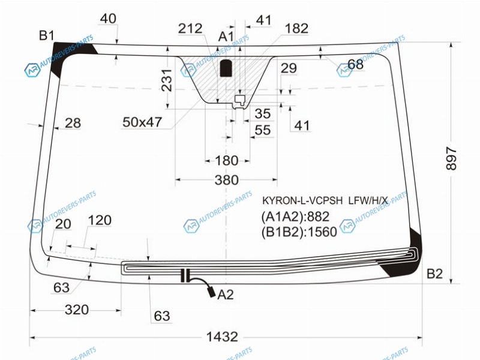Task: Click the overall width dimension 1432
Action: tap(222, 337)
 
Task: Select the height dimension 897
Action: tap(451, 158)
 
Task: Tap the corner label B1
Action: tap(47, 35)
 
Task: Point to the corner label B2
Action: tap(434, 274)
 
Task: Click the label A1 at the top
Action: tap(226, 37)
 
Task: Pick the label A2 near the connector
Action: tap(226, 295)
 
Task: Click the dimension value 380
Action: tap(227, 180)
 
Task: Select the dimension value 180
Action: tap(227, 160)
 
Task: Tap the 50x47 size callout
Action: tap(142, 122)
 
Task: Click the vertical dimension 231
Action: tap(167, 80)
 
